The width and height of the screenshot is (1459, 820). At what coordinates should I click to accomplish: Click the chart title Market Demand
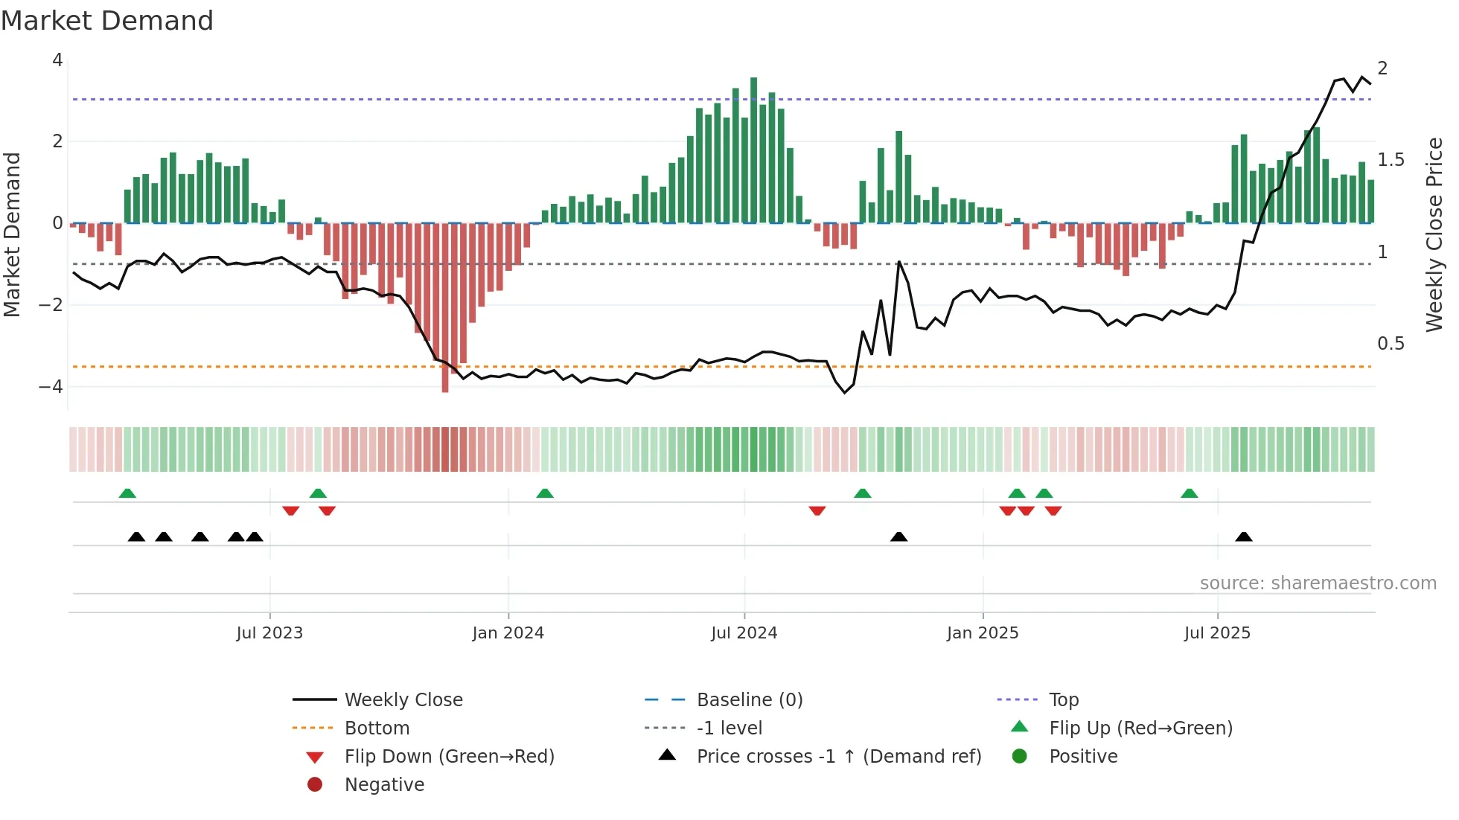coord(107,21)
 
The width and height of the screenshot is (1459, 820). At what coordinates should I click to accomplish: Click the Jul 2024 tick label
coord(744,633)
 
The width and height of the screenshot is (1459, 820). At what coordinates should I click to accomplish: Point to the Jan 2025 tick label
coord(982,633)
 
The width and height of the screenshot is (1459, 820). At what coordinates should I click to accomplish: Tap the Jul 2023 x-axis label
coord(269,633)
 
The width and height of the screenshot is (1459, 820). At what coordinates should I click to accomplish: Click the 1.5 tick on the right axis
coord(1391,160)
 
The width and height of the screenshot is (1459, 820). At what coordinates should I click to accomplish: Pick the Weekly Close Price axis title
coord(1434,234)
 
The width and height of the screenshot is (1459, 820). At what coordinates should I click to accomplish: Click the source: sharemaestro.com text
coord(1318,583)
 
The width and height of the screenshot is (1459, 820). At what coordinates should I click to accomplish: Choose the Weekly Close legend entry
coord(403,700)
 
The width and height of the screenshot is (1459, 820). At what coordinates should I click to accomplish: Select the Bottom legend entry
coord(377,728)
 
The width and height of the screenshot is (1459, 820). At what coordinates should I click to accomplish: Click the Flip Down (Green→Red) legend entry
coord(449,757)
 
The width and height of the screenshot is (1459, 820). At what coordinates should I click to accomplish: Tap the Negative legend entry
coord(384,785)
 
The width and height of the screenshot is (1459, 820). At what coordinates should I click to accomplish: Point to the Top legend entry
coord(1064,700)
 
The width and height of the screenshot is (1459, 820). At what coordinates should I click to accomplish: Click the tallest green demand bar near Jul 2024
coord(753,149)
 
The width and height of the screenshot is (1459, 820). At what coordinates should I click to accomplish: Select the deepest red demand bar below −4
coord(445,309)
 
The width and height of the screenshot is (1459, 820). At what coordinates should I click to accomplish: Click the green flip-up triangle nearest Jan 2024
coord(545,493)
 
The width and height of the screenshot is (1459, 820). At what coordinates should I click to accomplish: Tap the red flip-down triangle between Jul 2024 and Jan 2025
coord(817,510)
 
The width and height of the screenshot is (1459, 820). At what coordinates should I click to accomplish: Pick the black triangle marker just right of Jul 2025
coord(1243,536)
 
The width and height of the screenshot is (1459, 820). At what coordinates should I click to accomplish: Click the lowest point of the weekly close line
coord(844,392)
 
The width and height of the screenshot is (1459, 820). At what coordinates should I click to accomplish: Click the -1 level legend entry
coord(729,728)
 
